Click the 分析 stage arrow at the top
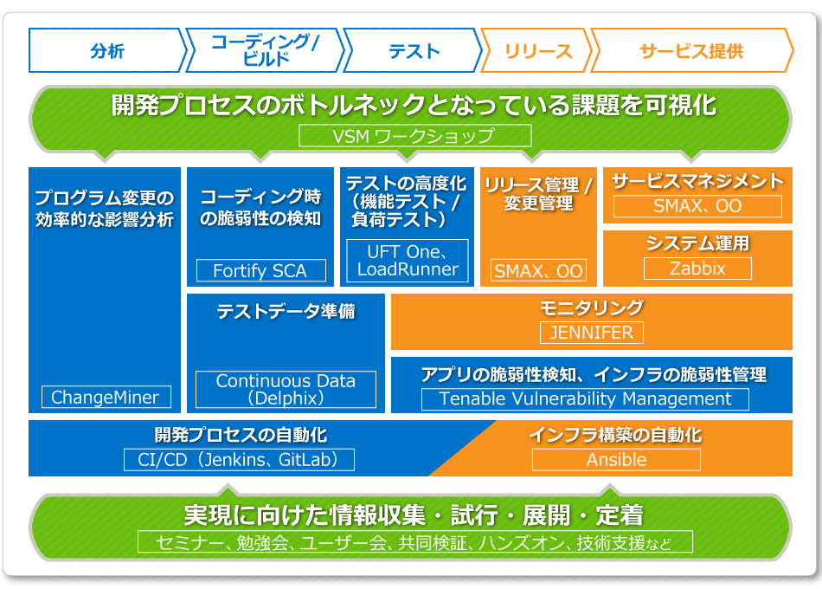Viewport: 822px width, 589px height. click(106, 51)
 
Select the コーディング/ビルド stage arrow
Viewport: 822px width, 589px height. click(264, 51)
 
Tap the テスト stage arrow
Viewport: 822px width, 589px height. click(413, 51)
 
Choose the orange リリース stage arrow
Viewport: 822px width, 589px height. click(537, 51)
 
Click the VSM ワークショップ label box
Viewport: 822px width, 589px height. click(414, 136)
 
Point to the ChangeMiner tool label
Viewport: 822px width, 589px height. click(106, 398)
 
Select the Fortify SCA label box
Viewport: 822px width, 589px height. click(260, 270)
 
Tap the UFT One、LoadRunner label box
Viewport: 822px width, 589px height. click(407, 260)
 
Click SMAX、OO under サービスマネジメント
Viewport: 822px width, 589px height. click(697, 206)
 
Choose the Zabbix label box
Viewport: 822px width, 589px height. click(697, 269)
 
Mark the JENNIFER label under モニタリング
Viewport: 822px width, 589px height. click(592, 332)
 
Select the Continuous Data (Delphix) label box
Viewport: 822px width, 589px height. click(286, 390)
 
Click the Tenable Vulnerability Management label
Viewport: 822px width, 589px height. click(586, 399)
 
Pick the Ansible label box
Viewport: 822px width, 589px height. click(616, 460)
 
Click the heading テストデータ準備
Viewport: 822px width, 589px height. click(286, 312)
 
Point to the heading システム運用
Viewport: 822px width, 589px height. click(697, 244)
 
